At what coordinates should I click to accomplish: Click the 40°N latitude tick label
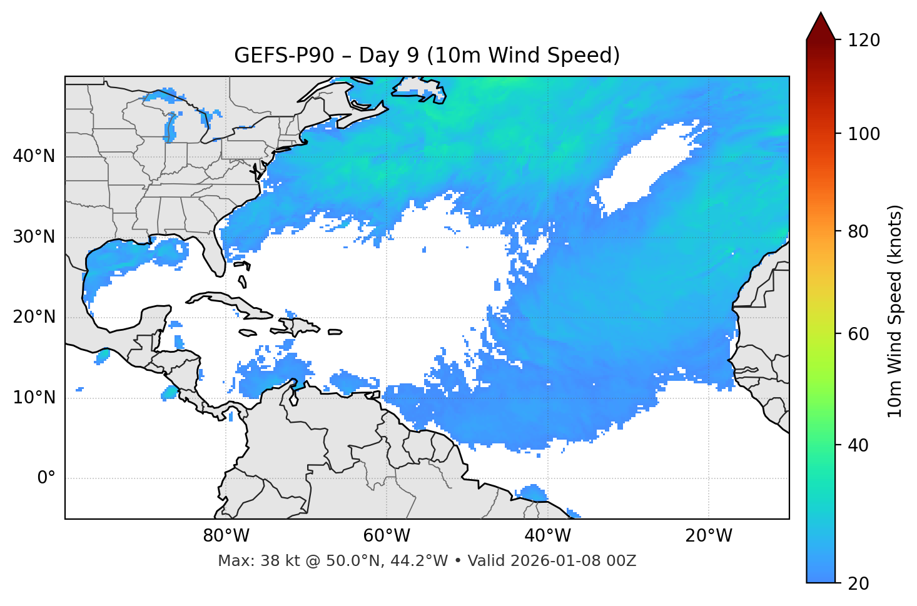tap(34, 156)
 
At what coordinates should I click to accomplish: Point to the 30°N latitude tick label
tap(34, 237)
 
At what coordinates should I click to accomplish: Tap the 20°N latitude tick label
tap(34, 317)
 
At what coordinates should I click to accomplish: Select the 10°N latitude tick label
tap(34, 398)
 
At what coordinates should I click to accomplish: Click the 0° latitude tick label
tap(46, 478)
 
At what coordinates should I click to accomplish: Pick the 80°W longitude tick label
tap(226, 536)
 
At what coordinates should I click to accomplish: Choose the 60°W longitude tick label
tap(387, 536)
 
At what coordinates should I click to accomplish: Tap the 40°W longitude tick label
tap(548, 536)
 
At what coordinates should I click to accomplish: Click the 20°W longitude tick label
tap(709, 536)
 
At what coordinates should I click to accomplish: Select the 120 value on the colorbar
tap(863, 41)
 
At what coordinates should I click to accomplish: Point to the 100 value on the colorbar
tap(863, 134)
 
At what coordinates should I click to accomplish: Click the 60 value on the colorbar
tap(858, 334)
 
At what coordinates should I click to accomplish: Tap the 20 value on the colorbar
tap(858, 583)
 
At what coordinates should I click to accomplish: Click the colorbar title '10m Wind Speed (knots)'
tap(895, 311)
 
